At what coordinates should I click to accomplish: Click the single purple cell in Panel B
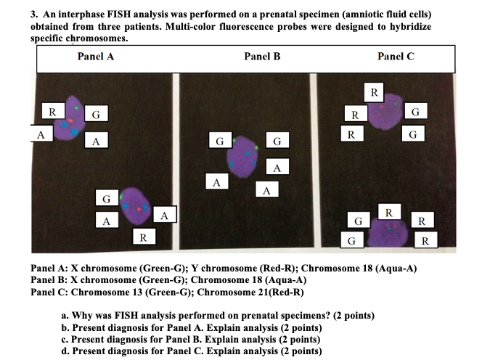244,158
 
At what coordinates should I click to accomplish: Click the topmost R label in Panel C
373,92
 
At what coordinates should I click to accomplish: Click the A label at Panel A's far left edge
41,134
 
